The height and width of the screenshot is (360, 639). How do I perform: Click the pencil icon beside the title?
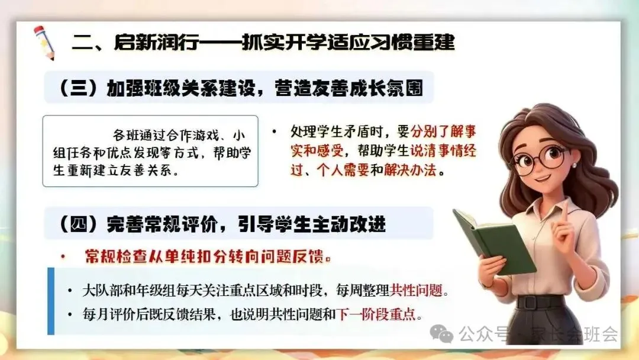(44, 43)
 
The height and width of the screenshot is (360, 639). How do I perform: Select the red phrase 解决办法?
(410, 169)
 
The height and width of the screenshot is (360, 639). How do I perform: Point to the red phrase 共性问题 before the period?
(416, 290)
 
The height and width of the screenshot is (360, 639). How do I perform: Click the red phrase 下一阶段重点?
(376, 314)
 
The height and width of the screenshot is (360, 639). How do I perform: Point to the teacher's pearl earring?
(574, 165)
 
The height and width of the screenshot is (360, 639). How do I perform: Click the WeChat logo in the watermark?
(441, 334)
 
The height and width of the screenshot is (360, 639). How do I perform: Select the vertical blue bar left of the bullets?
(51, 301)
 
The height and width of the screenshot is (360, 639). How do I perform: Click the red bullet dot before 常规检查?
(63, 257)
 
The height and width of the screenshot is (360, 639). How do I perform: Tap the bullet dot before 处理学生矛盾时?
(275, 131)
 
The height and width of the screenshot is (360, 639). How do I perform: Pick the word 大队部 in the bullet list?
(102, 290)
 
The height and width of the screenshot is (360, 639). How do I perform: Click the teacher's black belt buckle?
(530, 303)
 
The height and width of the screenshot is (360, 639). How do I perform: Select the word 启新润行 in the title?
(156, 43)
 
